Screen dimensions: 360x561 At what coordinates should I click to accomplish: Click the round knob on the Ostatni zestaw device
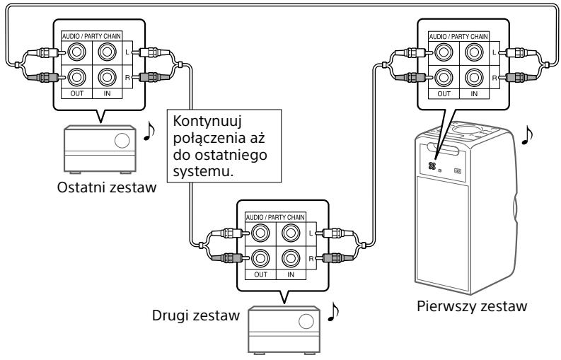click(122, 139)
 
